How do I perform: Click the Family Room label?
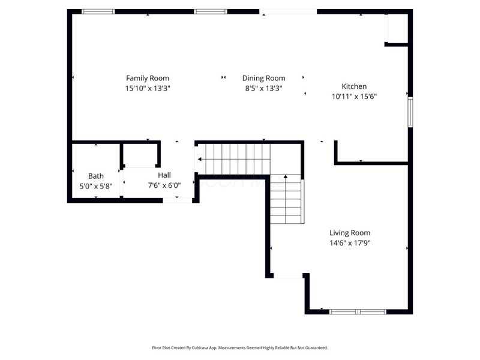click(147, 78)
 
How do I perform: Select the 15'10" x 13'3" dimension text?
click(147, 88)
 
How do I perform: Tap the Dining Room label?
click(263, 78)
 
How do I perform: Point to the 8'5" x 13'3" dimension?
click(263, 88)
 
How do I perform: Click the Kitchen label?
click(354, 86)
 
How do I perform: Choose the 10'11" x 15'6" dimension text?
click(354, 96)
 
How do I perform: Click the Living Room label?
click(350, 233)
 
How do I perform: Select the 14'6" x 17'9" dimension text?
click(350, 243)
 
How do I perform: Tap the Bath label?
click(96, 176)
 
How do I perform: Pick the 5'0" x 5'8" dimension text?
click(96, 187)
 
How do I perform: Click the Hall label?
click(164, 175)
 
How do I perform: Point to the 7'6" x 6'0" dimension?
click(164, 185)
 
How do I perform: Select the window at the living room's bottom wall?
click(358, 311)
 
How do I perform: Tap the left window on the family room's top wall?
click(98, 11)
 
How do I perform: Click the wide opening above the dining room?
click(288, 11)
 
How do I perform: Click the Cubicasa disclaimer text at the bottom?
click(240, 347)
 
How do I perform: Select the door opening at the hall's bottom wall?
click(178, 200)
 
